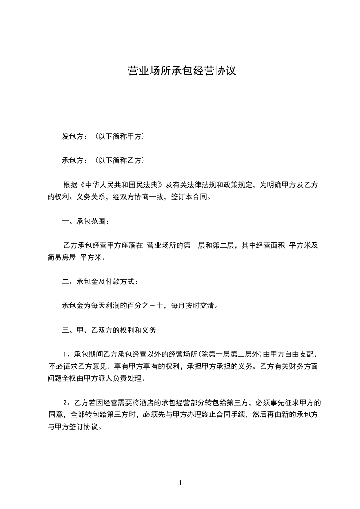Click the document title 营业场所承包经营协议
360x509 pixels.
182,71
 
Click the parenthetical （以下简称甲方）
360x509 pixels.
120,136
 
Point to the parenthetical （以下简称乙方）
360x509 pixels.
120,160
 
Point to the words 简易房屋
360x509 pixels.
62,257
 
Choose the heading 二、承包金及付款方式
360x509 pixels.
99,282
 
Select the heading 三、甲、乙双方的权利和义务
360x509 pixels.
110,330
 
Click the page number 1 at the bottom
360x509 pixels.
180,483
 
